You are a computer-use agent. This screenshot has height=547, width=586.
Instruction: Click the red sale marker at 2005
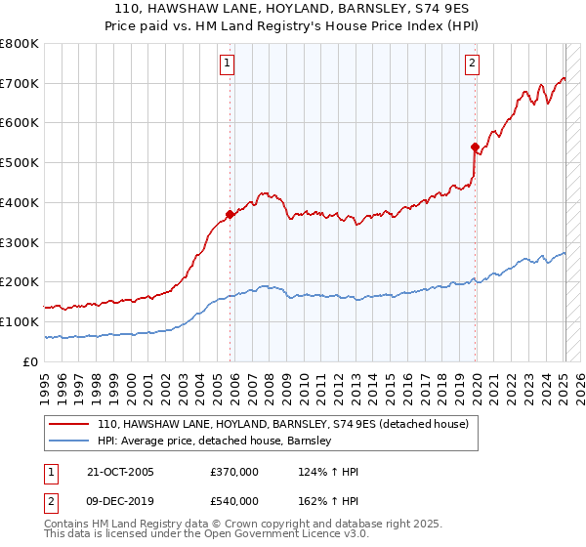click(230, 214)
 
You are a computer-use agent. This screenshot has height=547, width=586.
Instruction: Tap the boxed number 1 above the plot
click(227, 64)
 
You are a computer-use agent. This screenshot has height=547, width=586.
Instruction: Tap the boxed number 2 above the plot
click(472, 64)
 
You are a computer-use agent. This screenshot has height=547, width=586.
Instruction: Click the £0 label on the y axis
click(31, 361)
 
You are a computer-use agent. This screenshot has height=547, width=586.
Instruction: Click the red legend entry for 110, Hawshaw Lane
click(283, 424)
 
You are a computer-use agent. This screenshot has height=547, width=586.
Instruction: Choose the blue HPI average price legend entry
click(215, 441)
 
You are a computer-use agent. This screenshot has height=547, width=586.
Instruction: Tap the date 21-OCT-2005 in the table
click(119, 472)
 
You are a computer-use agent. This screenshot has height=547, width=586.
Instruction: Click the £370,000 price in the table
click(234, 472)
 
